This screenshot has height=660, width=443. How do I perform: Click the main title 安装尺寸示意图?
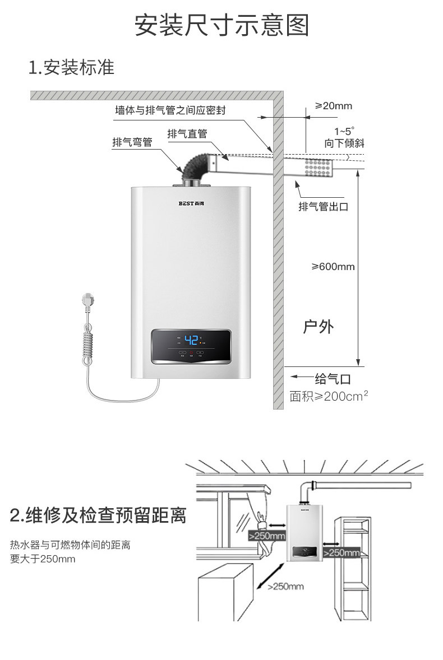[221, 25]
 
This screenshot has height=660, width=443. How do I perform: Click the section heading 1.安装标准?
[71, 67]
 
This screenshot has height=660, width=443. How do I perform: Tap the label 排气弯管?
[132, 142]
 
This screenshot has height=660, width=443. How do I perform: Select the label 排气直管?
[187, 134]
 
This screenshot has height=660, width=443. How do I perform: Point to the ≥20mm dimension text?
[333, 106]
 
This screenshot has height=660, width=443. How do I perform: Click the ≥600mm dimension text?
[333, 267]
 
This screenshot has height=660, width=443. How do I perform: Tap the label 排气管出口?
[323, 207]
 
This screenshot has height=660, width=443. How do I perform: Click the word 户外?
[318, 327]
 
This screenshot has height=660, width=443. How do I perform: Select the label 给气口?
[333, 379]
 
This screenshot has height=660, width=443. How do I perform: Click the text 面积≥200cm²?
[329, 396]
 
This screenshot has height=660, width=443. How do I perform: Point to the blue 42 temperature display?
[191, 340]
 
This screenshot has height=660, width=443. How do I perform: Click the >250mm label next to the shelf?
[341, 552]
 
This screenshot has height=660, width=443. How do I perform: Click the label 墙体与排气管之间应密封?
[170, 110]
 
